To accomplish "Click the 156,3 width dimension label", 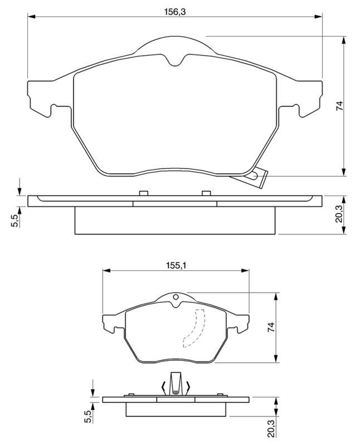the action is coord(175,12).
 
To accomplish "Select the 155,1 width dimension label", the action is coord(176,265).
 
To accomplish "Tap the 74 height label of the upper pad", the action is coord(339,106).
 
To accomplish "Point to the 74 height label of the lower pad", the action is coord(271,327).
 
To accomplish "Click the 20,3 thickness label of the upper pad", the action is coord(339,215).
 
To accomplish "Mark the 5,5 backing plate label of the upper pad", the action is coord(15,220).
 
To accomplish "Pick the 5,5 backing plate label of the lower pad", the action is coord(89,416).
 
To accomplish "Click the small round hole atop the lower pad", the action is coord(176,297).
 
